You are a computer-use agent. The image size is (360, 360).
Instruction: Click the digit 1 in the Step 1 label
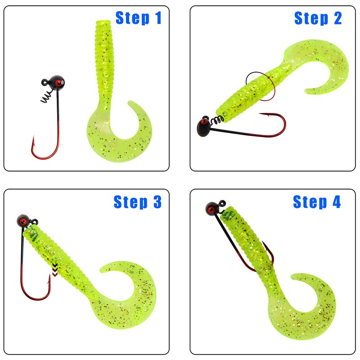158,18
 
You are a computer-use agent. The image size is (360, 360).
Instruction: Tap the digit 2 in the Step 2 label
337,18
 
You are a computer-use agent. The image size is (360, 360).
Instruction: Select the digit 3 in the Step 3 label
157,202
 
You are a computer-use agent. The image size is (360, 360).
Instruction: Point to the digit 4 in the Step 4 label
337,202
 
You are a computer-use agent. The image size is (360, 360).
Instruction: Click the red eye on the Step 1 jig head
59,82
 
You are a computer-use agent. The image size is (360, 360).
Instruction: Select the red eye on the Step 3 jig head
23,221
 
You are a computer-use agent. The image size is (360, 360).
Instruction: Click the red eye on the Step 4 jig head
211,210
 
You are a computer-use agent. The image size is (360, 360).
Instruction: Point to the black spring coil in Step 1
47,97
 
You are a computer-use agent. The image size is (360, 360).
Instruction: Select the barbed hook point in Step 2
264,114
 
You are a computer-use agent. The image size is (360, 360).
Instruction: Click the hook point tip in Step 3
49,274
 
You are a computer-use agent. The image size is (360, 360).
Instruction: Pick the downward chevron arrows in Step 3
55,270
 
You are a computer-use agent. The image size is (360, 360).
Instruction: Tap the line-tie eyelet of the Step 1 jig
45,82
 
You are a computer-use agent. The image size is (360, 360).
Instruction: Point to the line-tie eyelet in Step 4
222,203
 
